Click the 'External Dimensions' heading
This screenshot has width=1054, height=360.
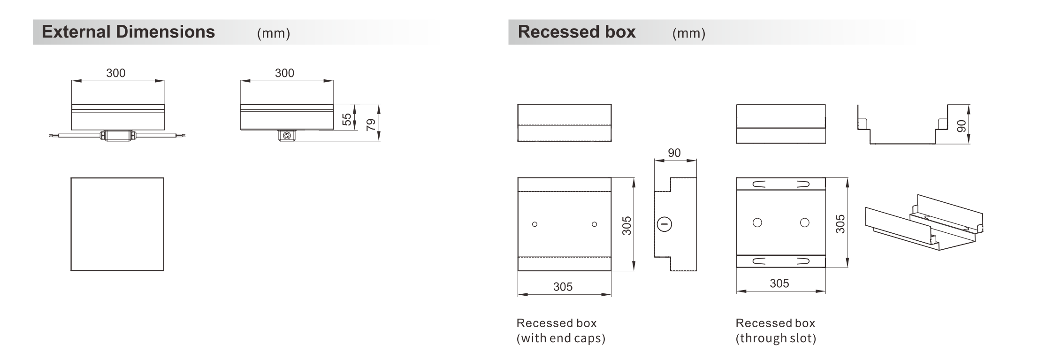(128, 32)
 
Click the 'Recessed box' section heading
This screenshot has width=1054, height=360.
(577, 32)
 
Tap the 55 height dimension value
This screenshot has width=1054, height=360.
(347, 119)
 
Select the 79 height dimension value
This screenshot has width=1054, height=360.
(371, 124)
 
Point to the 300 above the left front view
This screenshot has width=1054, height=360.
(116, 73)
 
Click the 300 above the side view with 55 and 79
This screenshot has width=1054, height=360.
(284, 73)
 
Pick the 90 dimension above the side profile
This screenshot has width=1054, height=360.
(674, 153)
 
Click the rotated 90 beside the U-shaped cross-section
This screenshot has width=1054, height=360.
(962, 126)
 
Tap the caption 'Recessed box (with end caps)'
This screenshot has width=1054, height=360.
(561, 330)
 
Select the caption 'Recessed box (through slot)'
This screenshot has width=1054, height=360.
(776, 330)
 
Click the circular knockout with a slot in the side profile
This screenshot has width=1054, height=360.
(664, 224)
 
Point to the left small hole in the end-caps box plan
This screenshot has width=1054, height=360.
(535, 224)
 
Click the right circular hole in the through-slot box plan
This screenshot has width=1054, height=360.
(805, 222)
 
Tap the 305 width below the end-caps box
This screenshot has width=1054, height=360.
(563, 286)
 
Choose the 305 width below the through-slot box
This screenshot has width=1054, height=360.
(779, 283)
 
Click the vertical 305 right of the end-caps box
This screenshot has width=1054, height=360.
(626, 225)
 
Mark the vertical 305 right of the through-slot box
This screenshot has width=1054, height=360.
(840, 223)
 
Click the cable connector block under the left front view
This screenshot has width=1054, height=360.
(118, 135)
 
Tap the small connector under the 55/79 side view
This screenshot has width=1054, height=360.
(287, 136)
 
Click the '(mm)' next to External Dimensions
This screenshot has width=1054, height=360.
(274, 33)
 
